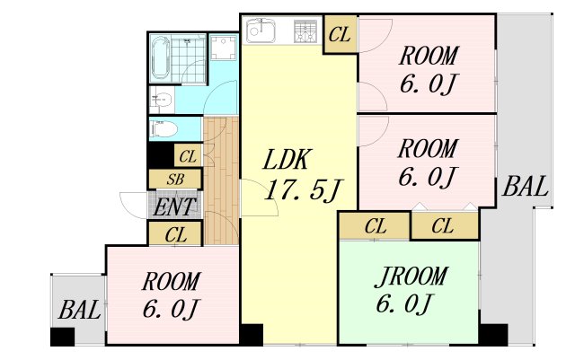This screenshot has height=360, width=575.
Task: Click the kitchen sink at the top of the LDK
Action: (261, 31)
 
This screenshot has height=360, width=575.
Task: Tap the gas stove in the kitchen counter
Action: (305, 31)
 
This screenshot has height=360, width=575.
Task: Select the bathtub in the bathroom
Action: (161, 58)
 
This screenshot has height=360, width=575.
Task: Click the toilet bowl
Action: (164, 129)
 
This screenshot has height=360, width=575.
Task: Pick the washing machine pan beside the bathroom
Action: (223, 47)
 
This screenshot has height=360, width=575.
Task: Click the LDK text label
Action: (287, 160)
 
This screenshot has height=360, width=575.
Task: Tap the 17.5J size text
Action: (304, 190)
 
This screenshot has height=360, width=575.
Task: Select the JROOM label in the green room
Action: (411, 277)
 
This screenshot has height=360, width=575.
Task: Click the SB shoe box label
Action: (175, 180)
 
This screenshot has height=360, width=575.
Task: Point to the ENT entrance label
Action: (173, 207)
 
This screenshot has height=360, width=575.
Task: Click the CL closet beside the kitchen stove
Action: (340, 34)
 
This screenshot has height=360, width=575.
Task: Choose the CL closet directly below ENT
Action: (175, 233)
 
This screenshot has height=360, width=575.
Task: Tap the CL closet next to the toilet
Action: (188, 156)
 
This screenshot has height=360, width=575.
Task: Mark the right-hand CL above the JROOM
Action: (444, 226)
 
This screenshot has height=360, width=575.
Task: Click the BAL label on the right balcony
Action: (525, 186)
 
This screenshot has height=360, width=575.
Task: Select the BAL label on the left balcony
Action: (79, 310)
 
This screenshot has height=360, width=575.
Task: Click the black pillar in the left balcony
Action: (62, 337)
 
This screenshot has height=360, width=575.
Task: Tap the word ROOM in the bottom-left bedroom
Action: (172, 282)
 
